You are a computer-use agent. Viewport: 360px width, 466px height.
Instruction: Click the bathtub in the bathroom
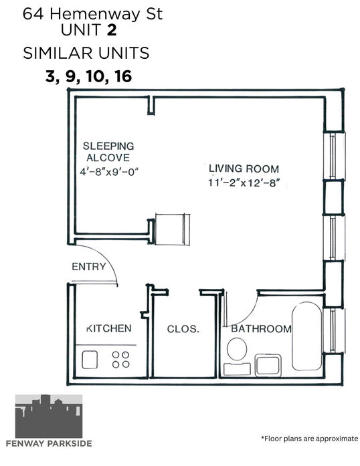tap(306, 336)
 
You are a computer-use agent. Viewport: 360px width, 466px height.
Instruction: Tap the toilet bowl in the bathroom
tap(237, 349)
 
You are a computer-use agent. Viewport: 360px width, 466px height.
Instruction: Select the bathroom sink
tap(268, 365)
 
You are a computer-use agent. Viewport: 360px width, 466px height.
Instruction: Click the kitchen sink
tap(90, 360)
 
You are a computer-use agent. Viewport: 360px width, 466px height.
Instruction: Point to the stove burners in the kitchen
tap(121, 359)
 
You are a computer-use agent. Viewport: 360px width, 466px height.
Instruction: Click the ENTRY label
tap(88, 267)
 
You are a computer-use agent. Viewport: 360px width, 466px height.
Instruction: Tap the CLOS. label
tap(183, 329)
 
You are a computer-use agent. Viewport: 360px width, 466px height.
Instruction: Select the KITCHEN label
tap(109, 328)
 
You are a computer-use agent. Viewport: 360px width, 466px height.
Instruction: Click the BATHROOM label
tap(261, 329)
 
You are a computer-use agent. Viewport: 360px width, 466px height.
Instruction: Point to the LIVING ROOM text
tap(244, 168)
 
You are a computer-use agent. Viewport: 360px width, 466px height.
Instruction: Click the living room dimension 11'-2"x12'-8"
tap(244, 183)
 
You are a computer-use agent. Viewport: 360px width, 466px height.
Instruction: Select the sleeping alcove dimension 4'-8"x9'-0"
tap(109, 171)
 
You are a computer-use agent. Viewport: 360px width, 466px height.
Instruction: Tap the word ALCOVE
tap(108, 158)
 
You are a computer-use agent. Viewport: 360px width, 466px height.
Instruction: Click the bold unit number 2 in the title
tap(112, 30)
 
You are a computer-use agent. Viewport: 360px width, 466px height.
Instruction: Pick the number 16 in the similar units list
tap(123, 76)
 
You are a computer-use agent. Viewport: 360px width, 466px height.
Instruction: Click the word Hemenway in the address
tap(94, 14)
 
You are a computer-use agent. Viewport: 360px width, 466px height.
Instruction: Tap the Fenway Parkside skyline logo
tap(49, 416)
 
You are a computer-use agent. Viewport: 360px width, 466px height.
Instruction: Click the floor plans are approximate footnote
tap(309, 439)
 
